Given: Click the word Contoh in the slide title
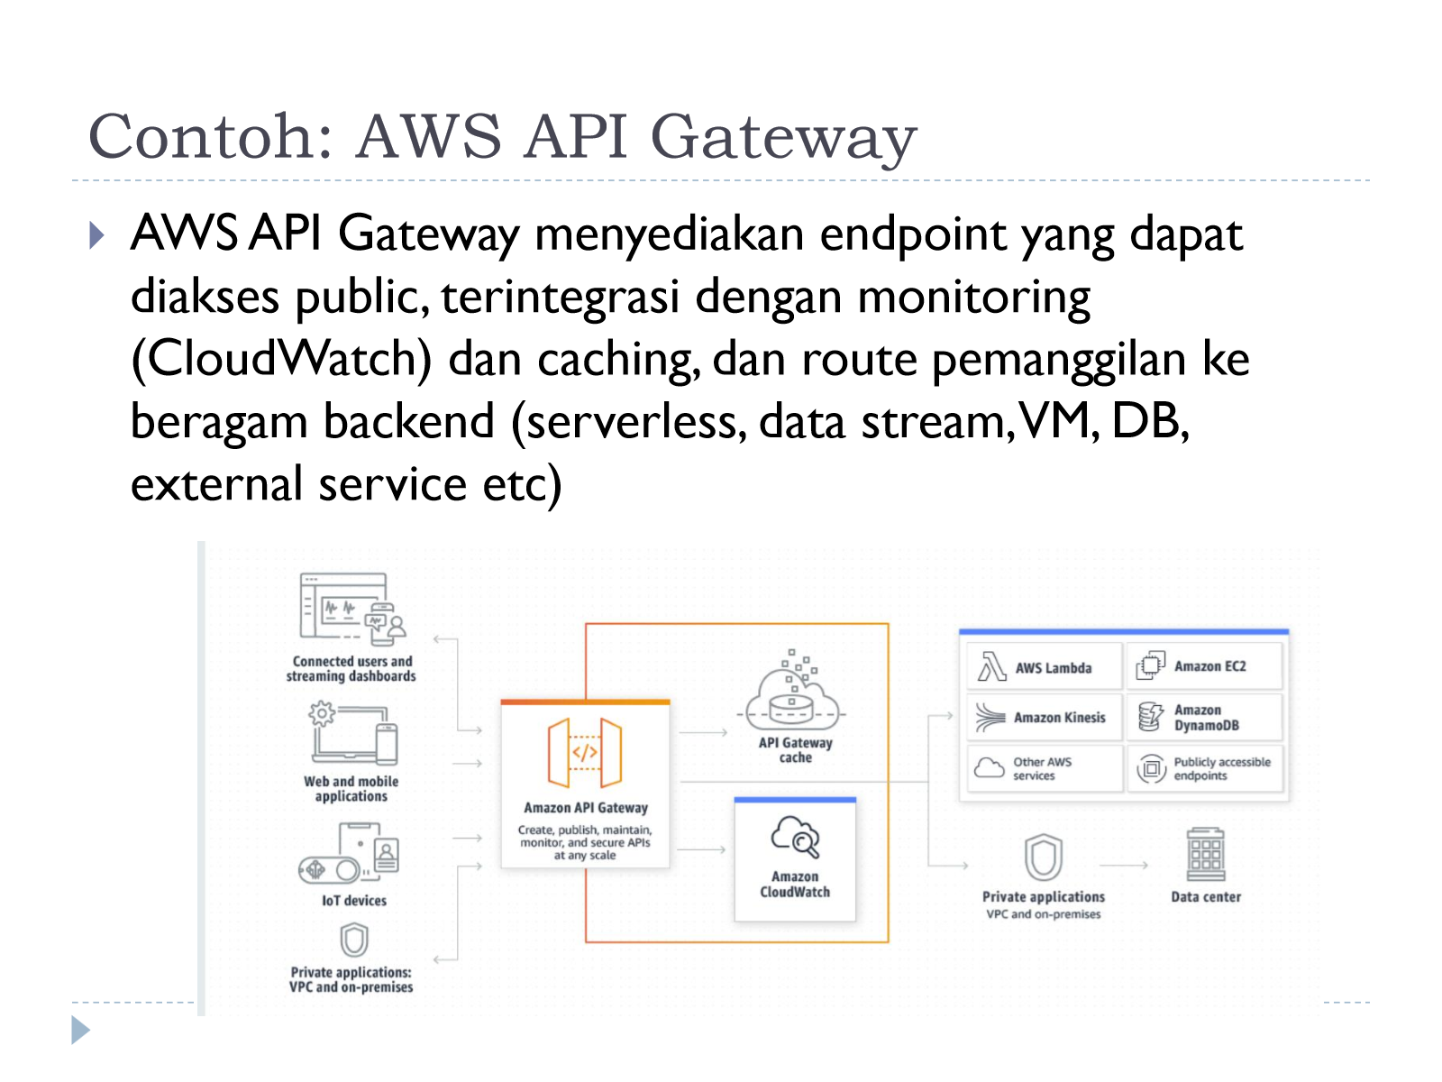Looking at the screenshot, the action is (x=210, y=136).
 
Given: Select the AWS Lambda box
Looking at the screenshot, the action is (x=1045, y=666).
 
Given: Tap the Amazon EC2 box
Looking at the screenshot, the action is (x=1204, y=665).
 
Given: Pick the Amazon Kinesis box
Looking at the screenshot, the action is (x=1045, y=717).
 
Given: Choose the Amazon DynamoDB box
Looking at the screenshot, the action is (x=1204, y=717).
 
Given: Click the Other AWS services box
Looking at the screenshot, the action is (x=1045, y=768).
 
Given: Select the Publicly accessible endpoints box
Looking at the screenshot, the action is (x=1204, y=768).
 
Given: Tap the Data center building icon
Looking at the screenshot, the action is (x=1206, y=853).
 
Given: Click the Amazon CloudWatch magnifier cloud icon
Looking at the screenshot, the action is (x=795, y=836).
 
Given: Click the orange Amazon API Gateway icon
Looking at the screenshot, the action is (x=585, y=753).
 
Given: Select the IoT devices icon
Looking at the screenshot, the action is (x=349, y=852).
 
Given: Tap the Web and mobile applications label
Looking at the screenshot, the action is (x=351, y=788).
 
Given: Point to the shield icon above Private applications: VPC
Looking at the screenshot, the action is (x=354, y=940).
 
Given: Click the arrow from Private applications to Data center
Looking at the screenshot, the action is (x=1124, y=866).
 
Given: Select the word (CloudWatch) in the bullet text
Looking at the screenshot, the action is (x=282, y=360).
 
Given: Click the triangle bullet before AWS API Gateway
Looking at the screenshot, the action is (x=96, y=235).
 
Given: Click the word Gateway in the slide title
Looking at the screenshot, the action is (x=783, y=138).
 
